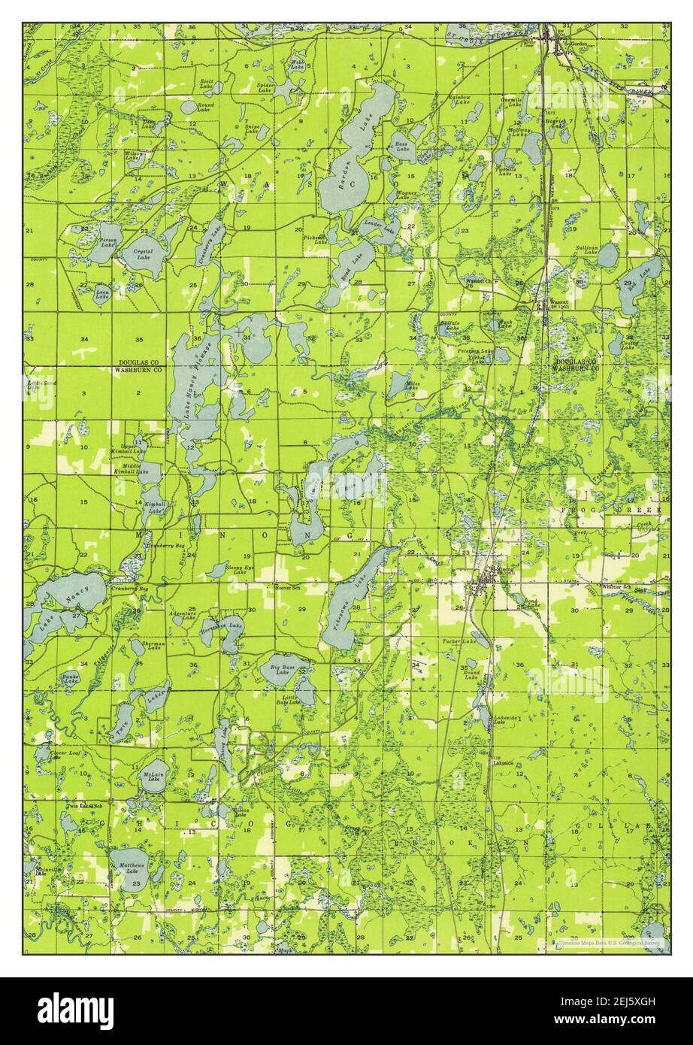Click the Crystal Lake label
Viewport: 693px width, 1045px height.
(x=143, y=253)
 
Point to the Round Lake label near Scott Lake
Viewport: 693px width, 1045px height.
(x=205, y=108)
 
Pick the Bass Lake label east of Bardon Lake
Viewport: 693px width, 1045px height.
(x=402, y=147)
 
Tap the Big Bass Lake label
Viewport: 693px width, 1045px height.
(x=283, y=668)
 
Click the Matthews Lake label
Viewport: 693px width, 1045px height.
(x=132, y=867)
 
